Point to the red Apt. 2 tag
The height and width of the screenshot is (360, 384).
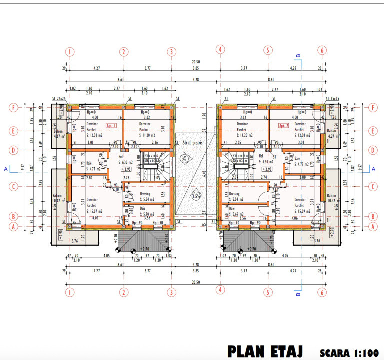coord(285,126)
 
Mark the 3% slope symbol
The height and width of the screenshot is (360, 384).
coord(186,159)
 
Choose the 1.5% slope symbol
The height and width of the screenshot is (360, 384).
coord(196,195)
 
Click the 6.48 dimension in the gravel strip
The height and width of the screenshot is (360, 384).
coord(204,174)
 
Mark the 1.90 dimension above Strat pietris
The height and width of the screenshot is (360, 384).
coord(204,115)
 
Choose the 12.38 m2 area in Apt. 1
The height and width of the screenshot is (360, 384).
coord(94,135)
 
